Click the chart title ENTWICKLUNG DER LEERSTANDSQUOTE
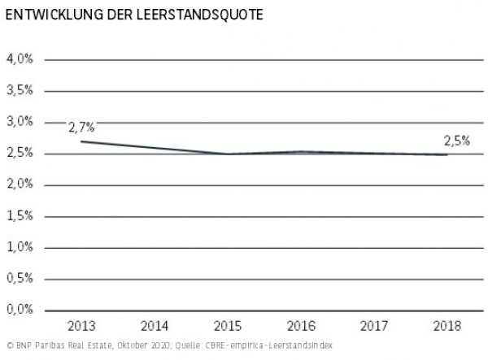pos(134,15)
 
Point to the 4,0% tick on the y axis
pos(20,59)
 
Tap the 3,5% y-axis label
pos(20,90)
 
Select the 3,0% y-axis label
pos(20,122)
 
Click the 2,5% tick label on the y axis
pos(20,153)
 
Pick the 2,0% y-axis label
pos(20,184)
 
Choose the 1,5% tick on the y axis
pos(20,215)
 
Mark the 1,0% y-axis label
pos(20,247)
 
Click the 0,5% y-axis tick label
pos(20,278)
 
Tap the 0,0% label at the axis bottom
pos(20,310)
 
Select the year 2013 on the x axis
pos(81,327)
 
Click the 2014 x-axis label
pos(155,327)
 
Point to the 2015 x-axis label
pos(227,327)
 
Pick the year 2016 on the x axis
pos(300,327)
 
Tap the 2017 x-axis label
pos(373,327)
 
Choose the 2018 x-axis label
pos(446,327)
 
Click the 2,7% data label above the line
pos(81,127)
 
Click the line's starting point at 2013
pos(81,141)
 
